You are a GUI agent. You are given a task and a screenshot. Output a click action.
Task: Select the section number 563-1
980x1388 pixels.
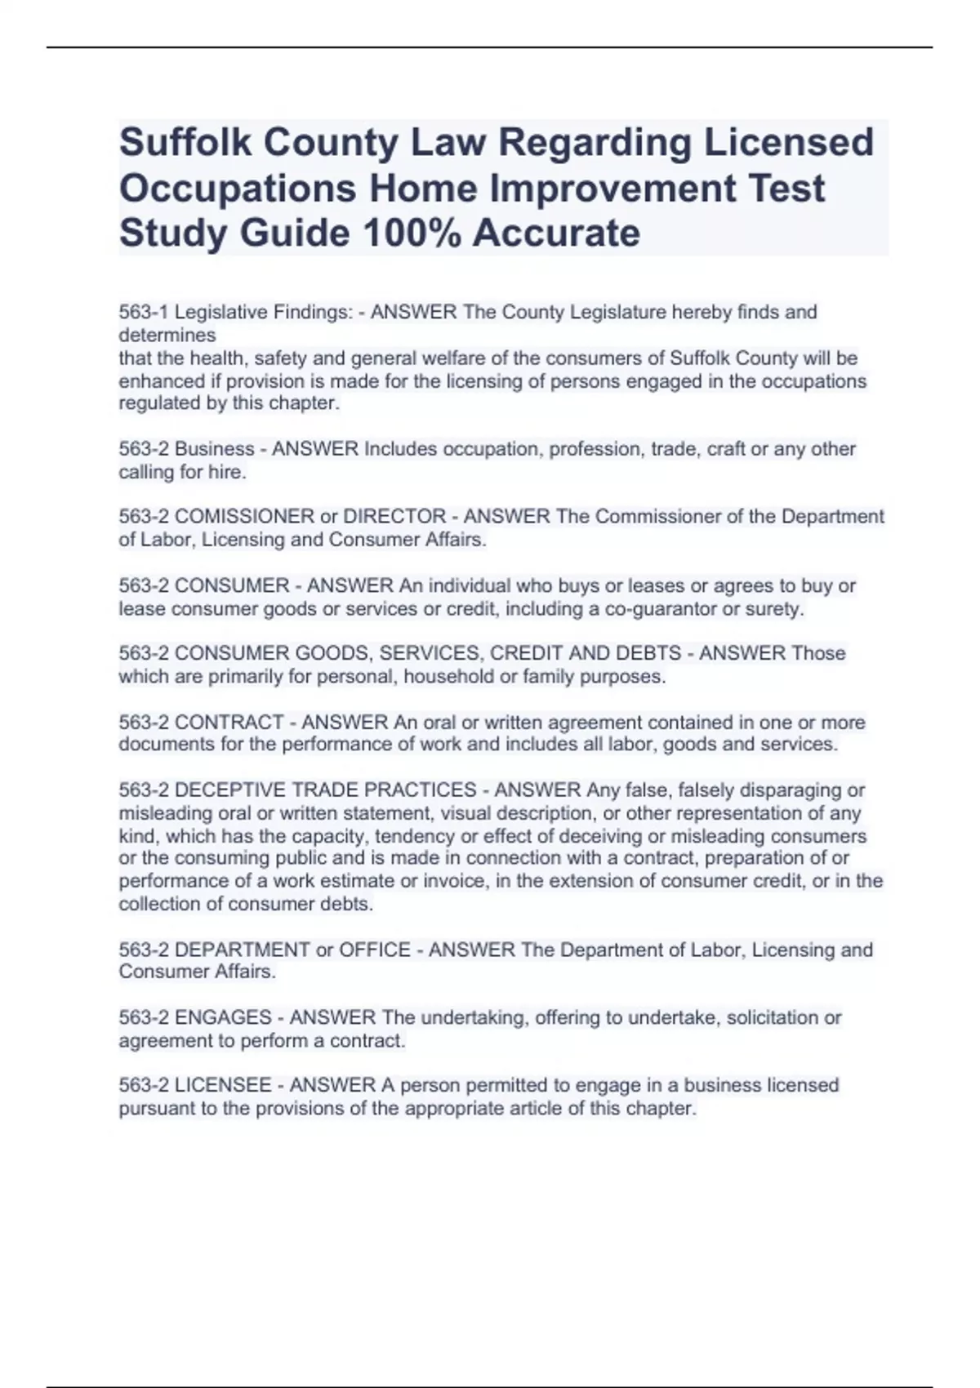pos(144,312)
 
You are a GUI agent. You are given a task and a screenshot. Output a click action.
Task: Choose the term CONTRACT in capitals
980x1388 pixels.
pos(229,723)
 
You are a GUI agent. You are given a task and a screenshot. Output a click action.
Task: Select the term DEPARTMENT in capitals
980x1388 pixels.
pos(243,950)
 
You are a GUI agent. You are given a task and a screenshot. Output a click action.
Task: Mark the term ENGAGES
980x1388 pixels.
pos(223,1017)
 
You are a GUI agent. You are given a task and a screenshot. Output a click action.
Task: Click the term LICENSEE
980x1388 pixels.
pos(223,1085)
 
